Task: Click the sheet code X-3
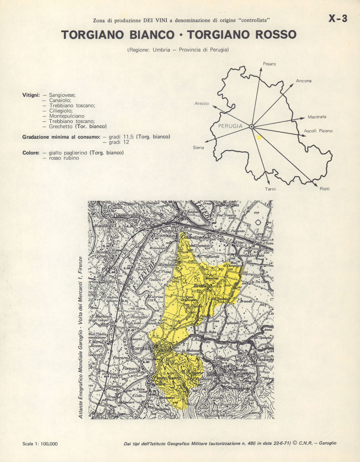pyautogui.click(x=338, y=19)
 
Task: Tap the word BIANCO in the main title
pyautogui.click(x=151, y=35)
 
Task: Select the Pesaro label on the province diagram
pyautogui.click(x=269, y=64)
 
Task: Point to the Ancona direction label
pyautogui.click(x=303, y=81)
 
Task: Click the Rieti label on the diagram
pyautogui.click(x=324, y=188)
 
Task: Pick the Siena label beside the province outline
pyautogui.click(x=198, y=147)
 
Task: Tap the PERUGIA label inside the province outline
pyautogui.click(x=230, y=126)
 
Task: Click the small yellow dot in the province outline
pyautogui.click(x=258, y=137)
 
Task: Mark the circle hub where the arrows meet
pyautogui.click(x=251, y=126)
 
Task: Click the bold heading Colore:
pyautogui.click(x=31, y=153)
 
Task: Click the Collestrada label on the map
pyautogui.click(x=194, y=238)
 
